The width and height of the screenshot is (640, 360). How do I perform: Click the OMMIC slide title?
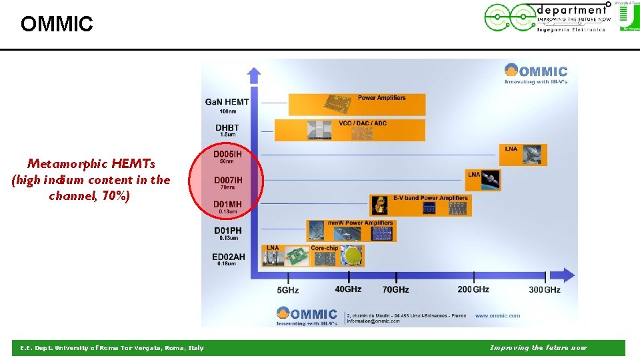57,25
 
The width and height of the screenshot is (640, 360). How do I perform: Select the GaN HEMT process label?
227,102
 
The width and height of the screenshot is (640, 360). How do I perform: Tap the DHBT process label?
227,127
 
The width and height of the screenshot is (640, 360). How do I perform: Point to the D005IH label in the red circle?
227,155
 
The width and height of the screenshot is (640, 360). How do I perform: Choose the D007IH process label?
228,180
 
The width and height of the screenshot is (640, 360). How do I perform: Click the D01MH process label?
228,205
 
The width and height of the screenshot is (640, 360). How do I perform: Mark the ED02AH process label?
229,257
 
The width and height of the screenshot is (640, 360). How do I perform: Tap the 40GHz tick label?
348,289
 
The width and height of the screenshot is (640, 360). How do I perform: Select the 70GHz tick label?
395,289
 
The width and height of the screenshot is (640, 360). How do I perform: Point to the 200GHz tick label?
473,289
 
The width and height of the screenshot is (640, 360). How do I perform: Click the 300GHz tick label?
545,289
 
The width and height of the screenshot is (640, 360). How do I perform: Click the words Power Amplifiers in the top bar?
381,98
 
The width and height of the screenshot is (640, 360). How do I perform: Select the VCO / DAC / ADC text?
363,123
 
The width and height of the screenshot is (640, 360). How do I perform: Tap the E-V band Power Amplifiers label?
431,198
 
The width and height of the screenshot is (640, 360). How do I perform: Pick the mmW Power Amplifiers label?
361,223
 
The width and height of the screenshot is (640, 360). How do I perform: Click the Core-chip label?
324,248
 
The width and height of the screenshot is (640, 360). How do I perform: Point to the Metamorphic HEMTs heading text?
91,163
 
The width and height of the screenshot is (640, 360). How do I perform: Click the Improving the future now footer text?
538,347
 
